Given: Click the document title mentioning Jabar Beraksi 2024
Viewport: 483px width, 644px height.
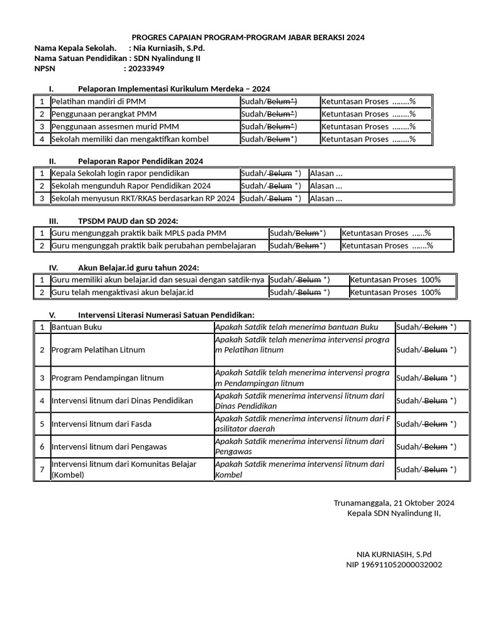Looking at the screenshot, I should click(x=248, y=37).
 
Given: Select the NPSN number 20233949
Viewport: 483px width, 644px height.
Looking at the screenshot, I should click(x=145, y=69).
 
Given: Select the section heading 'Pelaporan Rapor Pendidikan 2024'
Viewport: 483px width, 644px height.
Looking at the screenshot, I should click(x=140, y=161).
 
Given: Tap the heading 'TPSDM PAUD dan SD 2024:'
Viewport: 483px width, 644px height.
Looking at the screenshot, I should click(x=128, y=221).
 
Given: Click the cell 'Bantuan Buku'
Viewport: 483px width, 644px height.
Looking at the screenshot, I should click(x=77, y=327).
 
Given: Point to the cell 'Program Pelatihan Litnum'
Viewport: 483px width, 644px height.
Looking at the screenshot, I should click(x=98, y=350).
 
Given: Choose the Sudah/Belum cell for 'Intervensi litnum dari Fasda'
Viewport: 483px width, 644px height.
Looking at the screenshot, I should click(x=426, y=424).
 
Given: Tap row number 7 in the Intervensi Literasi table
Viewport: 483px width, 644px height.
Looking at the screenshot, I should click(x=42, y=469).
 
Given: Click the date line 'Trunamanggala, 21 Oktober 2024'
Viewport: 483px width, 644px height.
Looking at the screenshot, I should click(x=394, y=502).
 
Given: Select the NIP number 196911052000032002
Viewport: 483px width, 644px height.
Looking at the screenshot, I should click(x=394, y=564).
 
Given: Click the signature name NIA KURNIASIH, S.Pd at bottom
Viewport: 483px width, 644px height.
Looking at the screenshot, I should click(x=394, y=554).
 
